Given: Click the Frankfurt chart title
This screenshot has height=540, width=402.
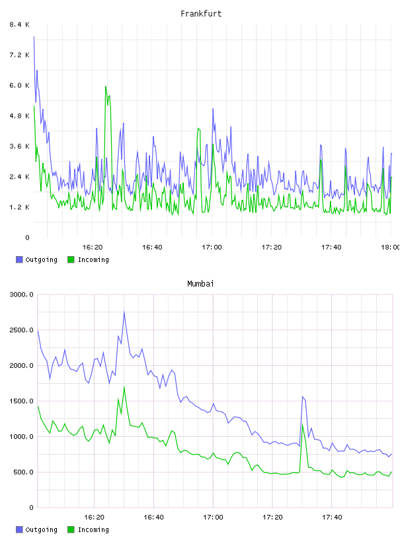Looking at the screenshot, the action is point(201,14).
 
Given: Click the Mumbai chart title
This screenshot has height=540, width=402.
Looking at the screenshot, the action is point(200,284).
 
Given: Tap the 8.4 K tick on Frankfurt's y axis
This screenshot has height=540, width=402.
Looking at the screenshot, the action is point(19,24).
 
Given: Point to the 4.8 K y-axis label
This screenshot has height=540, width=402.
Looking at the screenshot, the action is point(19,116).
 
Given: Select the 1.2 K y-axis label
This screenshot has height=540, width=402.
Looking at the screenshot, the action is point(19,207).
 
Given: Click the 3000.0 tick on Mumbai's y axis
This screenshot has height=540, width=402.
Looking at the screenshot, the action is point(21,294).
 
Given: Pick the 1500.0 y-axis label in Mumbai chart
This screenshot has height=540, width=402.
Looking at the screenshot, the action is point(21,401).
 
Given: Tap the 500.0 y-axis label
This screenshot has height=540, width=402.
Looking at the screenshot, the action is point(23,472).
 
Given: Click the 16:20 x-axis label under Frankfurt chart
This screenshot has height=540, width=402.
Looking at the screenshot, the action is point(93,247).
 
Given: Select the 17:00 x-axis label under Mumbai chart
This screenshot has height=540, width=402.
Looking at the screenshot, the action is point(213,517).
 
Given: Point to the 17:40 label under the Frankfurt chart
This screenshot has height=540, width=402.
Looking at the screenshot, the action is point(331,247).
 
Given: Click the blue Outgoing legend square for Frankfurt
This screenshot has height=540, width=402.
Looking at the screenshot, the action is point(19,259).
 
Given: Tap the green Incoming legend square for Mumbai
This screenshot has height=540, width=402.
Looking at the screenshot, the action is point(71,529).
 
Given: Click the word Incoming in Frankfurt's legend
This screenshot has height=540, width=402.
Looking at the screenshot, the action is point(93,260).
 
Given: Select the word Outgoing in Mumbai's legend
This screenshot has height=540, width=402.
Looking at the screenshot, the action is point(41,530).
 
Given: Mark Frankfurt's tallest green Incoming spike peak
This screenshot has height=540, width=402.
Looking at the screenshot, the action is point(106,87).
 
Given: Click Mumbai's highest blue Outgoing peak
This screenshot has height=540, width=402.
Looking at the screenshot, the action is point(124,312).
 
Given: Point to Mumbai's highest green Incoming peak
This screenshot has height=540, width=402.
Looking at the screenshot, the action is point(124,386).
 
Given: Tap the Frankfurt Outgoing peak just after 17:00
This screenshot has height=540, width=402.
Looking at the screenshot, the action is point(213,109).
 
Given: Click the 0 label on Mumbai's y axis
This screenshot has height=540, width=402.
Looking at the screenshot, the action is point(31,508).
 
